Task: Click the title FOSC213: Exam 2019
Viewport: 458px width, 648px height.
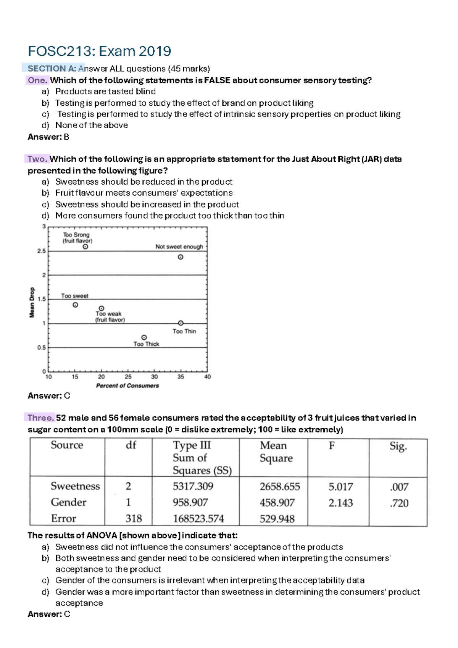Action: point(99,51)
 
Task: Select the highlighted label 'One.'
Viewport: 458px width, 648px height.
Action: point(37,80)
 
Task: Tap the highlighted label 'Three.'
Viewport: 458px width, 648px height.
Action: point(41,418)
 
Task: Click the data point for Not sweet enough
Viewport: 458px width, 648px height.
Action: point(181,257)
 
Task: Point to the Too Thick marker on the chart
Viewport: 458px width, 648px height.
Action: point(144,337)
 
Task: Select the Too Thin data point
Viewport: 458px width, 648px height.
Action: point(181,323)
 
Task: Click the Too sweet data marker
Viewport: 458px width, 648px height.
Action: point(76,305)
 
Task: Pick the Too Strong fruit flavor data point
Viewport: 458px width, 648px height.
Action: point(85,247)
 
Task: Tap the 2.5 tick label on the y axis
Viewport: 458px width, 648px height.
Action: point(41,251)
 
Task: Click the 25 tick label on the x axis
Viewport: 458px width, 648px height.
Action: point(128,377)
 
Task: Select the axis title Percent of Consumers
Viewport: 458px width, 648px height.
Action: point(127,386)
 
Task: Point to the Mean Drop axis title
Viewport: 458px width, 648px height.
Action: point(32,302)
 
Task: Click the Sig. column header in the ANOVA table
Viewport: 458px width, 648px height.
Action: point(398,446)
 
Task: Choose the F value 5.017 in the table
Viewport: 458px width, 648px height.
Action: point(340,487)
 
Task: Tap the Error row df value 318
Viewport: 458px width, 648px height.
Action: point(134,518)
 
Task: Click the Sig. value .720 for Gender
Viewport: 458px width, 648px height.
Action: point(399,503)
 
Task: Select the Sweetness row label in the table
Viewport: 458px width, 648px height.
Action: point(75,486)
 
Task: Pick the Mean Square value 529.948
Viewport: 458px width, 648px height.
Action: point(277,519)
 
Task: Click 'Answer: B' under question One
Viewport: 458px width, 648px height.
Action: point(48,137)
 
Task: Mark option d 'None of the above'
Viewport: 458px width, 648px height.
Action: point(91,125)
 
